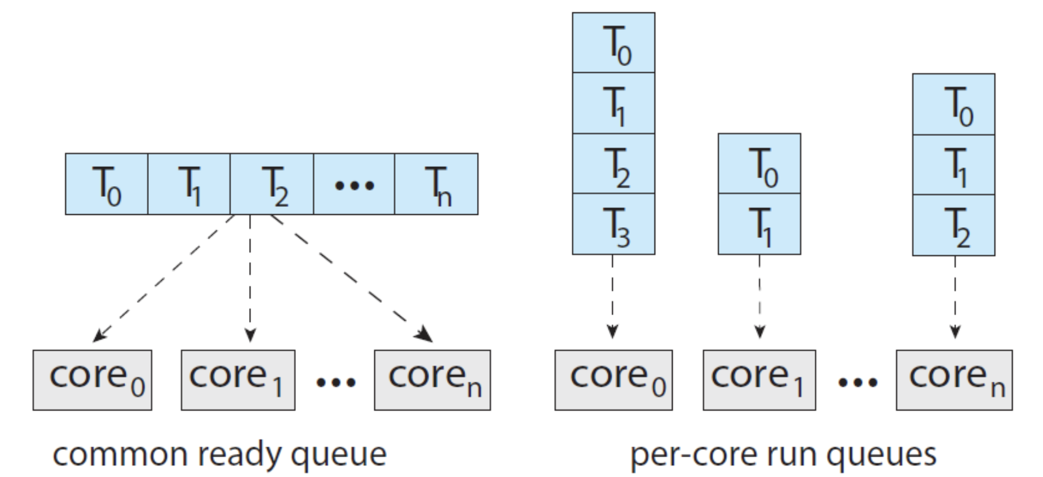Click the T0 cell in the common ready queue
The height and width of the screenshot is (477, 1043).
point(107,184)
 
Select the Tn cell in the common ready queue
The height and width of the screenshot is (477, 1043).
point(436,184)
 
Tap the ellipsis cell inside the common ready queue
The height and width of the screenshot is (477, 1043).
point(354,184)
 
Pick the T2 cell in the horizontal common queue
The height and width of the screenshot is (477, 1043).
point(272,184)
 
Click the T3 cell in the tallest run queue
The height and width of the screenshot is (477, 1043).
point(613,224)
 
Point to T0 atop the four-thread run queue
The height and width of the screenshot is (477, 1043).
point(613,43)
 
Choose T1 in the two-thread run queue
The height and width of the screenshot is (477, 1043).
point(759,224)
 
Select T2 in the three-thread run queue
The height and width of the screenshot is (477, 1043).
point(953,226)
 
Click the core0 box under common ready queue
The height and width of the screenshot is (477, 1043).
point(92,380)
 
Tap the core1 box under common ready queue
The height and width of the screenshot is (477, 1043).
point(238,380)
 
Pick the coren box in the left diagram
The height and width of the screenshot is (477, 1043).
point(432,380)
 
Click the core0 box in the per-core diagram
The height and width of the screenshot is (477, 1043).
point(613,380)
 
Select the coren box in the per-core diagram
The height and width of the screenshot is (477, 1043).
point(954,380)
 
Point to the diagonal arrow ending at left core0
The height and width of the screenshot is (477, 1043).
point(163,278)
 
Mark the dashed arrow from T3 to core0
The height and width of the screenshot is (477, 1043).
point(613,296)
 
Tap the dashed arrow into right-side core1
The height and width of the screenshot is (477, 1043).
point(759,296)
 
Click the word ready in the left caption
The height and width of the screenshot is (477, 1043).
point(239,454)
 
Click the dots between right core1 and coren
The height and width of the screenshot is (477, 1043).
point(857,382)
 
